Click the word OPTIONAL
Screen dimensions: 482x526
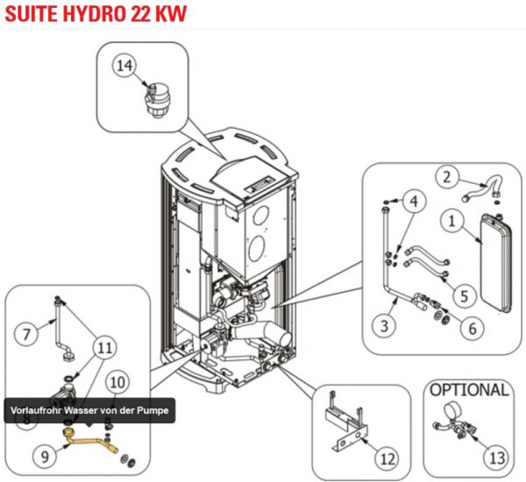pyautogui.click(x=470, y=389)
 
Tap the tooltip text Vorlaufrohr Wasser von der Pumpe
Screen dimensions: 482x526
pyautogui.click(x=89, y=410)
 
